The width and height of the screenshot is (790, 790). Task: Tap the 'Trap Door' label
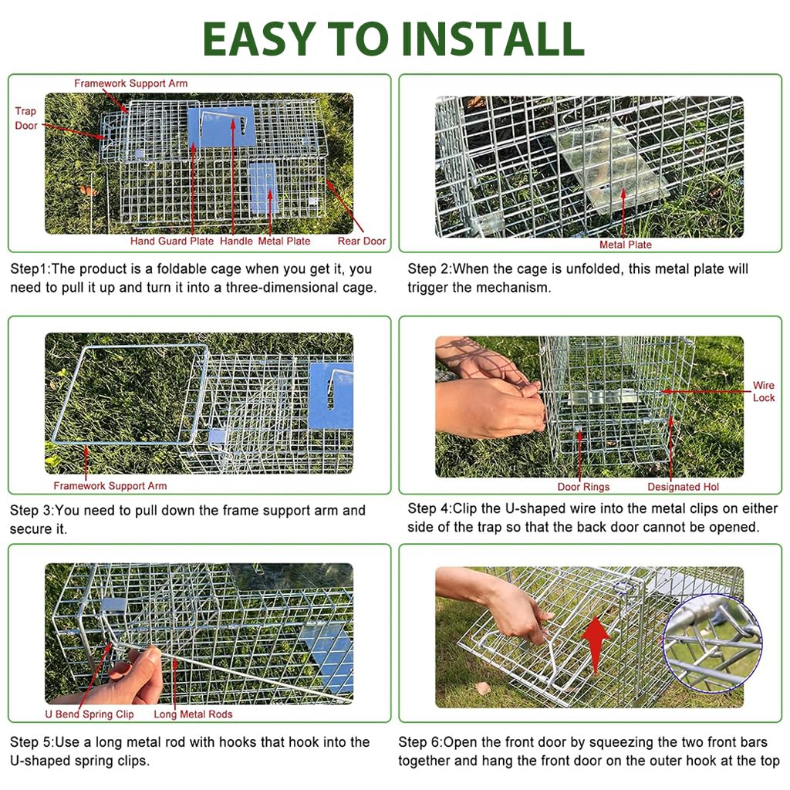[25, 118]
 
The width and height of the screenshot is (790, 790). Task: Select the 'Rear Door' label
[361, 241]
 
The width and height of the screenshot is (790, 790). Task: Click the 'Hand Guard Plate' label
[171, 241]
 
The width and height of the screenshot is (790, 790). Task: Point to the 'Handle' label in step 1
[236, 241]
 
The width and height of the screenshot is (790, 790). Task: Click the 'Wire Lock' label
[763, 391]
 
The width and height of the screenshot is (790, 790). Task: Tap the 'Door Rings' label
[583, 487]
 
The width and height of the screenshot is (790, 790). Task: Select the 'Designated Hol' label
[683, 487]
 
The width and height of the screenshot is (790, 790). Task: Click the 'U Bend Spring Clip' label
[89, 714]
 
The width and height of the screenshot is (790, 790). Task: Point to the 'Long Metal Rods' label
[193, 714]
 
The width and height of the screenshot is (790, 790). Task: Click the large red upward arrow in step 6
[595, 634]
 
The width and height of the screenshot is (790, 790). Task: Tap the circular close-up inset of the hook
[711, 643]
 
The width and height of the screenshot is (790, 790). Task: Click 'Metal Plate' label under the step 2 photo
[625, 245]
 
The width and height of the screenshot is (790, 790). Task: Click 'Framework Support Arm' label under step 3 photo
[110, 486]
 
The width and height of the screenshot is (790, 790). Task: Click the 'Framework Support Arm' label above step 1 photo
[130, 83]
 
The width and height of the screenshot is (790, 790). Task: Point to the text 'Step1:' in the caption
[29, 269]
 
